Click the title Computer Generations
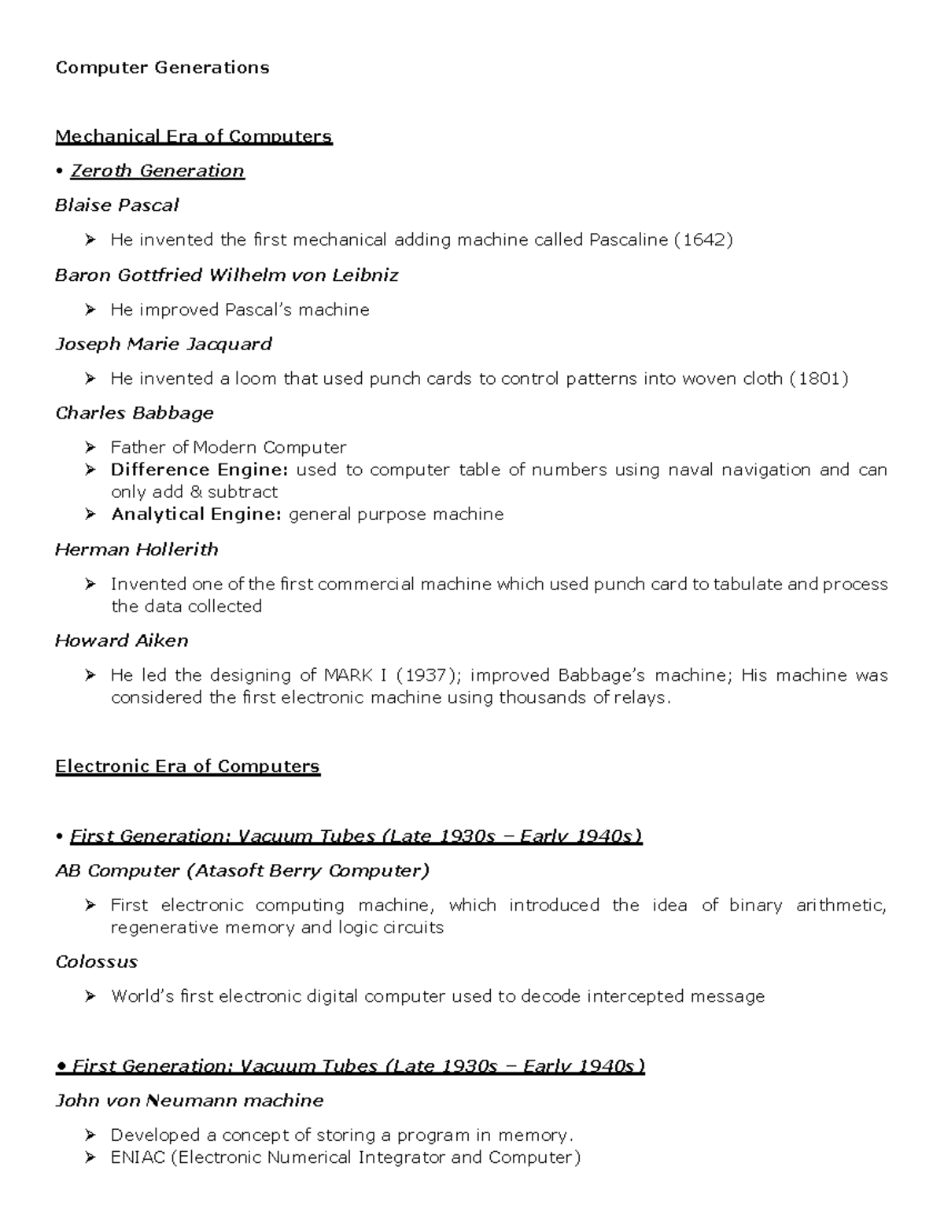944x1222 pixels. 162,68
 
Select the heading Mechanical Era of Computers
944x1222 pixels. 194,137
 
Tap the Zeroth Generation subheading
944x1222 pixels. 157,171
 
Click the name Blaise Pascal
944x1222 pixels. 116,205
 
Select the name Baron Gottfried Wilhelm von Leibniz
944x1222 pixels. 227,275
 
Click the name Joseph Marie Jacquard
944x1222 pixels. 164,344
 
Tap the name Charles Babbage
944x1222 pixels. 135,413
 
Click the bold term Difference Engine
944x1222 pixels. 199,470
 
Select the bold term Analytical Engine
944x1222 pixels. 196,515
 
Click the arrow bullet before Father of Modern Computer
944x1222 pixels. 91,448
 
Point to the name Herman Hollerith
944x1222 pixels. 136,549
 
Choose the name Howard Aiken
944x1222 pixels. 122,641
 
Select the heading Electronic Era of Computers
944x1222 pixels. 187,766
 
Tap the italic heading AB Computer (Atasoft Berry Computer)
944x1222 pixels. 242,870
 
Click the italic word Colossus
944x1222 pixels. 96,962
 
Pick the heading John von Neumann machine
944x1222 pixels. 189,1100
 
